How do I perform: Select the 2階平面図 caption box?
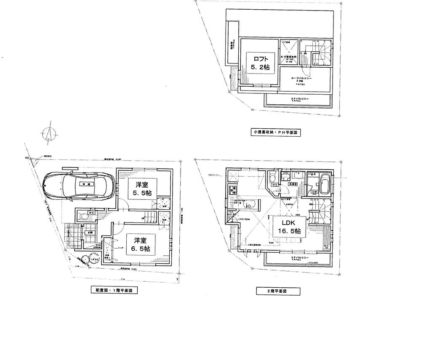tap(278, 291)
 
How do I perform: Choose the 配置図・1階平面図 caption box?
tap(114, 290)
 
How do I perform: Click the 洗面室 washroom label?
tap(293, 184)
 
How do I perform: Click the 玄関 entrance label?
tap(90, 232)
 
